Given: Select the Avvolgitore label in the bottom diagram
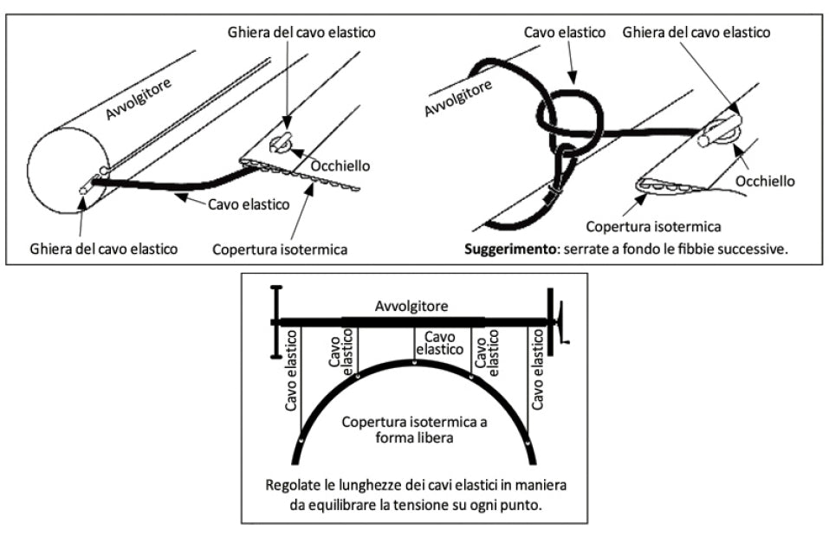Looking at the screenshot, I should coord(414,307).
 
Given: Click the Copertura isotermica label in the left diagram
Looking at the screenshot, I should coord(280,249).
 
